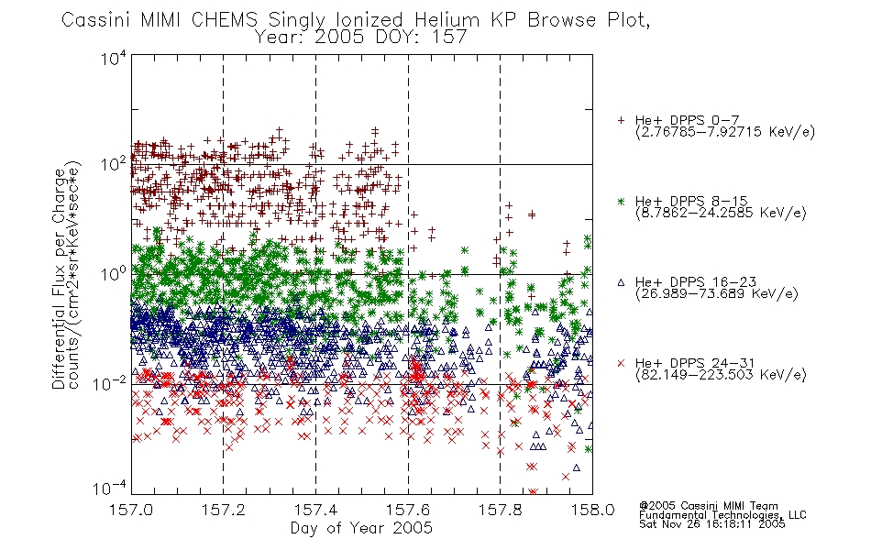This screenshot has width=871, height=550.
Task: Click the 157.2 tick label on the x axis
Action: click(x=224, y=510)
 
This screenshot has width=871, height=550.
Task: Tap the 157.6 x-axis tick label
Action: click(x=408, y=510)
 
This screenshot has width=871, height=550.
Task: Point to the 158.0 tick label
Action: click(x=592, y=510)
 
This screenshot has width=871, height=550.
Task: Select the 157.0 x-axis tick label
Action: click(x=131, y=510)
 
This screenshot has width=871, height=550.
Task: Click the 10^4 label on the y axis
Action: click(x=114, y=59)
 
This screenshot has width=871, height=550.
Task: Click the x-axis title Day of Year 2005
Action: click(x=361, y=528)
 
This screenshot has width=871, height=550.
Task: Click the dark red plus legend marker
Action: click(x=621, y=120)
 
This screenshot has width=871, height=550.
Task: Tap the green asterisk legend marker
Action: click(x=621, y=201)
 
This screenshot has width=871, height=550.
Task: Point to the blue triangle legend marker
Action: click(x=621, y=282)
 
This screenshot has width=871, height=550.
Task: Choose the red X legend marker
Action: click(x=621, y=363)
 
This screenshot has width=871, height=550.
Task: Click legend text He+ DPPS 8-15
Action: click(x=691, y=201)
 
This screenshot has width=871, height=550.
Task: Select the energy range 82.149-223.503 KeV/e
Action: click(x=721, y=375)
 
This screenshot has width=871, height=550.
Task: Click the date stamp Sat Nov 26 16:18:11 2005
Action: click(x=712, y=523)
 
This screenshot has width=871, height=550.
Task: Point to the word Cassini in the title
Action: click(x=96, y=20)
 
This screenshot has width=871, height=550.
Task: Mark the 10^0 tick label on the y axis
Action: click(x=114, y=275)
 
